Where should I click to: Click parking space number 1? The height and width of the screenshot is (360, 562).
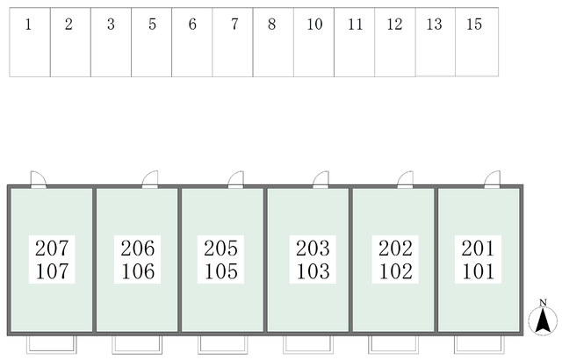(x=30, y=42)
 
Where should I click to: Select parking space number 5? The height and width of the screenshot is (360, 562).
(x=152, y=42)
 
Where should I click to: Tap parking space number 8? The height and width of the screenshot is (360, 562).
(x=272, y=42)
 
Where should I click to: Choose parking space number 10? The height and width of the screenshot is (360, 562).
(x=313, y=42)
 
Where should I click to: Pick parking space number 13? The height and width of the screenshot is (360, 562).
(x=435, y=42)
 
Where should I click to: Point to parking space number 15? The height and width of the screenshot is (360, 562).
(x=475, y=42)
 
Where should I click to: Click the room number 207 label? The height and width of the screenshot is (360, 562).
(x=52, y=248)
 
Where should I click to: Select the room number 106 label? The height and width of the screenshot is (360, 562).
(x=138, y=271)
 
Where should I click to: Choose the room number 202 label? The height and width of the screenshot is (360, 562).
(x=394, y=248)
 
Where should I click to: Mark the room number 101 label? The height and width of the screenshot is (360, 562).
(x=478, y=271)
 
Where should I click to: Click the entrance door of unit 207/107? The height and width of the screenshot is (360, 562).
(x=39, y=179)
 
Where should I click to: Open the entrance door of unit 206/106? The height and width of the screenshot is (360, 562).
(x=150, y=179)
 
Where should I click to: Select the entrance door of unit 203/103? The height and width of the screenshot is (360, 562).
(x=321, y=179)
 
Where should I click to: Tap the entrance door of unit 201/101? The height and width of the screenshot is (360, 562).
(x=492, y=179)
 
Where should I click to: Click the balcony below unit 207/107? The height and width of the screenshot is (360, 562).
(x=52, y=343)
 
